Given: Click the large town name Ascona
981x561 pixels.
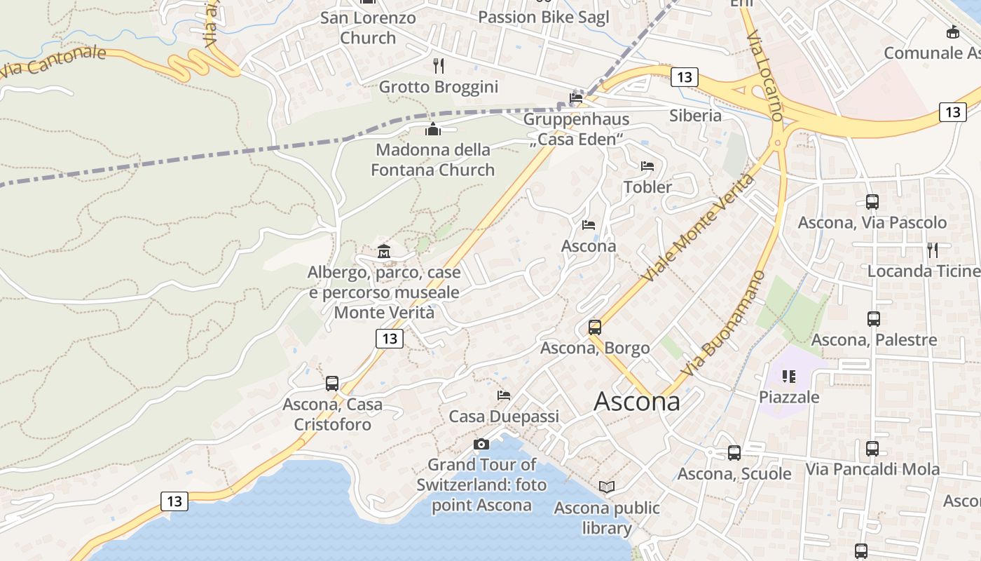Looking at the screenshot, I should (x=636, y=401).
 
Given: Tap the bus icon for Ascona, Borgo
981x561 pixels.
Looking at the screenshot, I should (x=595, y=327).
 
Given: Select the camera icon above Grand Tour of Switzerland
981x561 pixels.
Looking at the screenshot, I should (x=481, y=444).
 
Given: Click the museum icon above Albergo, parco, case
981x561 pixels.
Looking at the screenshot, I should (x=384, y=251).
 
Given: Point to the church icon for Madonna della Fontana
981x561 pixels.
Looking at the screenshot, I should (x=432, y=129).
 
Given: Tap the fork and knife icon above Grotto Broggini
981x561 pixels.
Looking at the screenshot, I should (x=439, y=66).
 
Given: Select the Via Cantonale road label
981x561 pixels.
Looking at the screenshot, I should (x=53, y=62).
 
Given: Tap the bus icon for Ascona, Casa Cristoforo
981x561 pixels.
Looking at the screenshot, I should (x=332, y=384).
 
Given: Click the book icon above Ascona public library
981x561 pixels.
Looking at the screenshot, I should (x=607, y=487).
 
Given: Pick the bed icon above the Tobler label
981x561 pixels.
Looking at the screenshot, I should (x=647, y=166).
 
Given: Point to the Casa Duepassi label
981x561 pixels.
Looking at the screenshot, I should (x=504, y=417).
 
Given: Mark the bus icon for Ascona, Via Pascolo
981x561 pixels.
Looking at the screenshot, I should (x=872, y=202).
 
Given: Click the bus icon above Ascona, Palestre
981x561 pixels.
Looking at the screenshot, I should (x=873, y=319).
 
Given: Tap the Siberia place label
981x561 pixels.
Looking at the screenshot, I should (x=695, y=115).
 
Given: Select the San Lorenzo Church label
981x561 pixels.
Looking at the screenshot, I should (x=368, y=27).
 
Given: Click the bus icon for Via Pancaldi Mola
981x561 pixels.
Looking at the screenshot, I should (x=872, y=449).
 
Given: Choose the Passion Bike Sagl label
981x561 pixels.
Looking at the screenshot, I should (x=543, y=17).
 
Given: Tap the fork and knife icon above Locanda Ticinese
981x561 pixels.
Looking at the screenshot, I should (x=933, y=250).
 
